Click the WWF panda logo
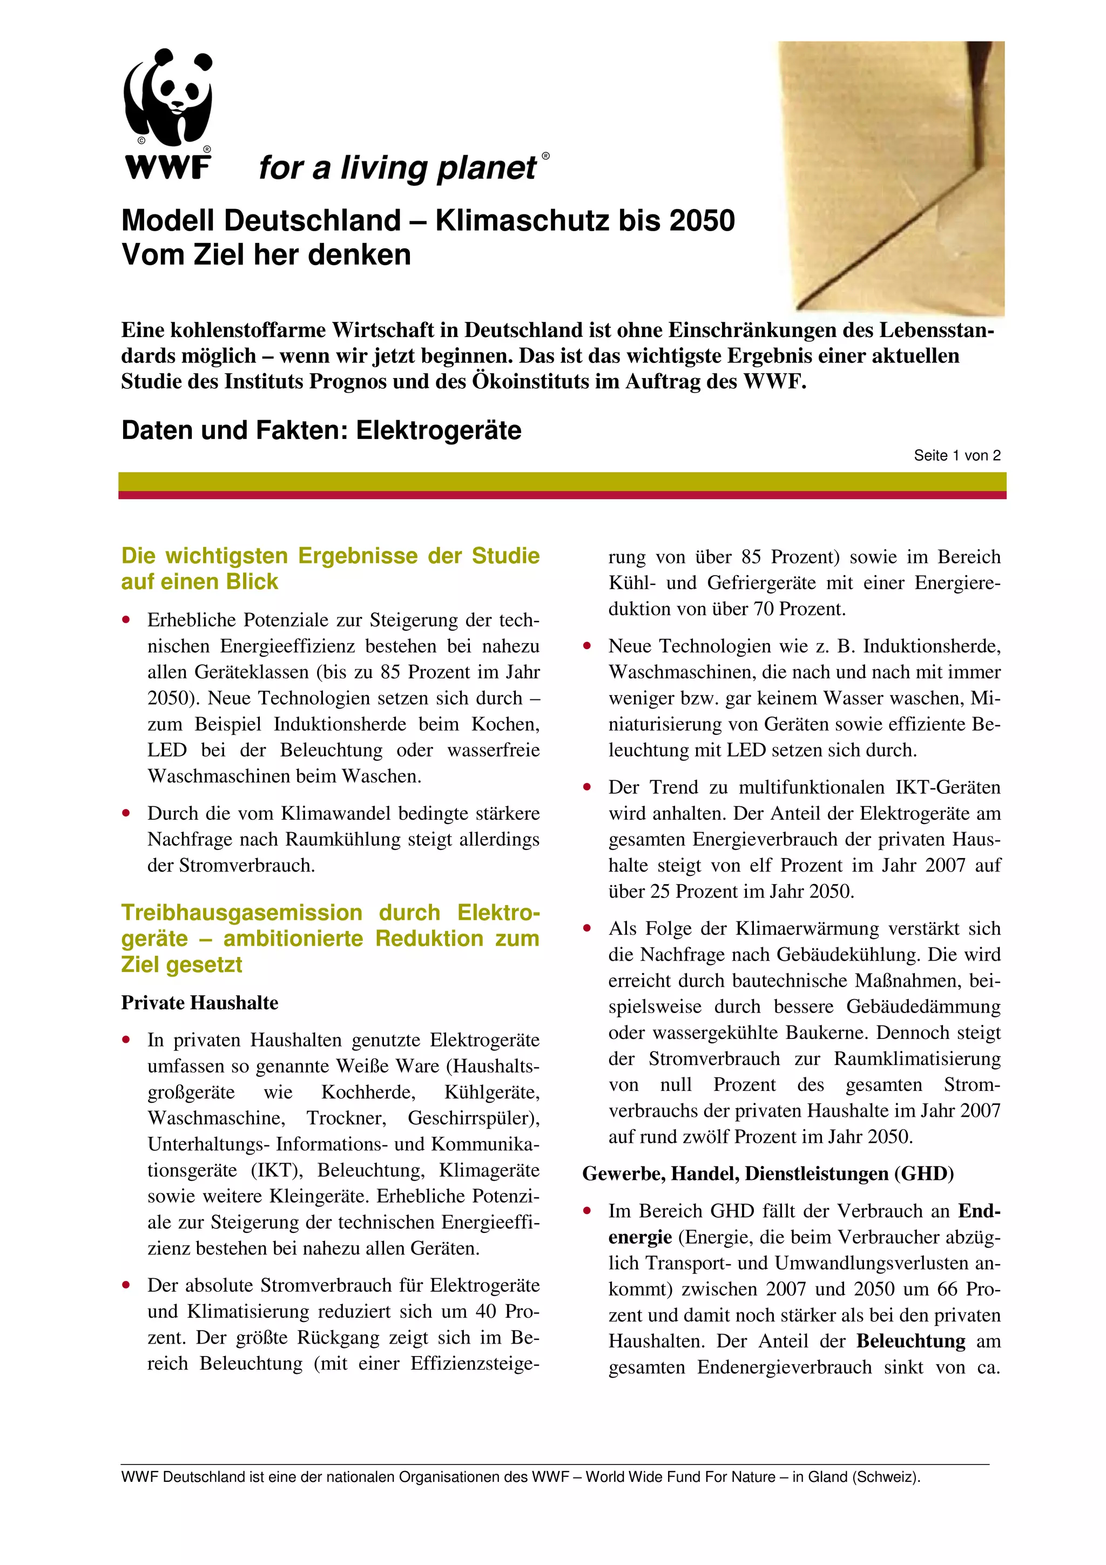pos(167,112)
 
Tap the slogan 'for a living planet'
pos(398,167)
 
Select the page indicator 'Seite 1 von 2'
pos(957,456)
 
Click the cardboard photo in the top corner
pos(892,177)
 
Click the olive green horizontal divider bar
pos(562,481)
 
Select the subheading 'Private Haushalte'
pos(200,1003)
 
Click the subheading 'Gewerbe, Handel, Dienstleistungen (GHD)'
pos(768,1174)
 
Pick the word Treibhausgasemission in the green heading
pos(242,913)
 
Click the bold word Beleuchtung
pos(911,1341)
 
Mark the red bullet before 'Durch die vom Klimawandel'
pos(125,813)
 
